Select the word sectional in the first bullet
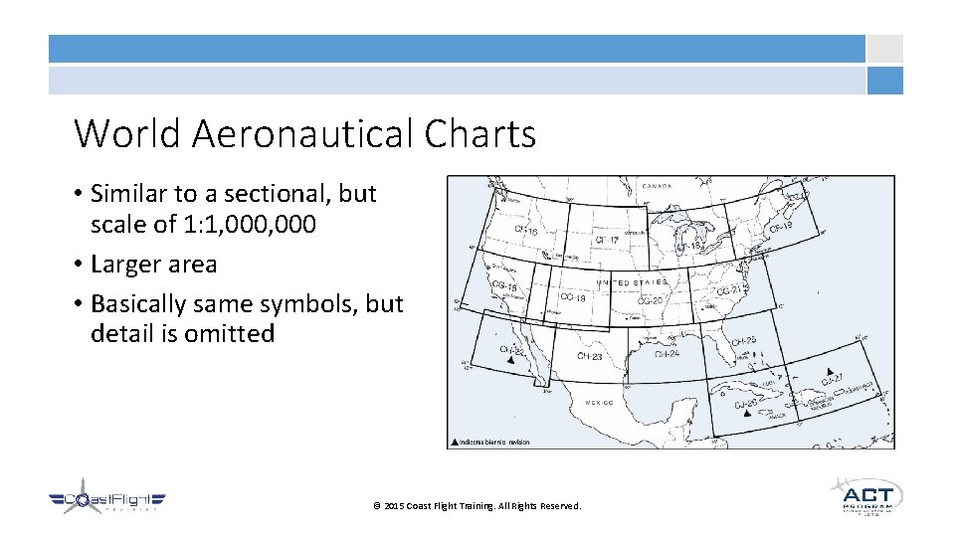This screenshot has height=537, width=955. tap(282, 193)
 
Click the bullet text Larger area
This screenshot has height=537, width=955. tap(153, 265)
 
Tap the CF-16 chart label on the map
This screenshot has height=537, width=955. tap(526, 231)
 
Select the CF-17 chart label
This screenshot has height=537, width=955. tap(606, 240)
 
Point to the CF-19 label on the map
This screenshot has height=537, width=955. tap(781, 229)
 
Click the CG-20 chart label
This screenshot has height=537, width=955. tap(650, 299)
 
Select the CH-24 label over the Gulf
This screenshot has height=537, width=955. tap(668, 353)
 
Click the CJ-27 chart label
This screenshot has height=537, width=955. tap(834, 378)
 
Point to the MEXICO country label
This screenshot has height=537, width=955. tap(599, 403)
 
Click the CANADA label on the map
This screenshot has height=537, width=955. tap(656, 186)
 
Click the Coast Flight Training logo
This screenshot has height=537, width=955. tap(107, 502)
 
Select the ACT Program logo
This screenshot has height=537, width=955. tap(866, 496)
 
